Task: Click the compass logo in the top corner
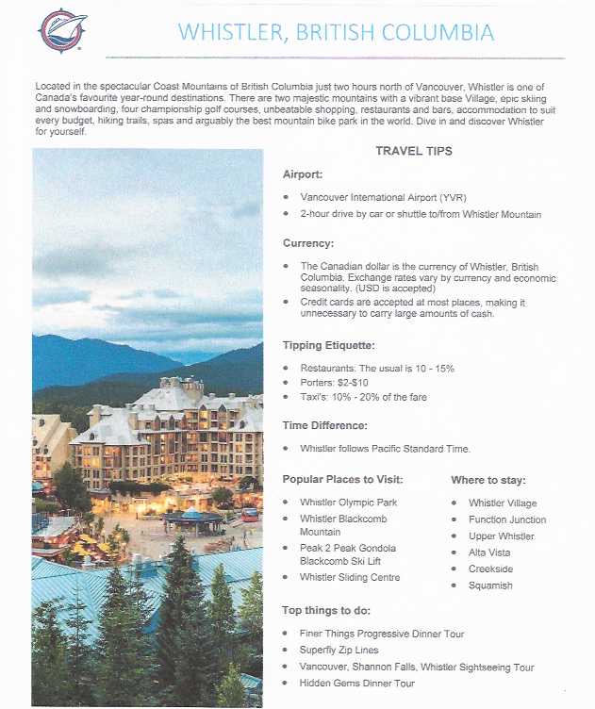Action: tap(62, 30)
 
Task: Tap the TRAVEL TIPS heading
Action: tap(413, 151)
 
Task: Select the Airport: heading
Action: tap(303, 174)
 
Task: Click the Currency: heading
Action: tap(308, 243)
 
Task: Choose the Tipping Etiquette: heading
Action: tap(329, 345)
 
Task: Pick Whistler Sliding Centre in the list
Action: tap(350, 577)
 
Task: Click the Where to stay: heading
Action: tap(488, 480)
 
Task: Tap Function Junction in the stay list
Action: tap(506, 519)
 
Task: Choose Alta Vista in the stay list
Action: tap(489, 552)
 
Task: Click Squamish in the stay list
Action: tap(490, 585)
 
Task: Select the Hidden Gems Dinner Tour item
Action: tap(356, 683)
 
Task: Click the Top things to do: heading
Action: tap(327, 611)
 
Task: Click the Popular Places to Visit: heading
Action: tap(348, 480)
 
